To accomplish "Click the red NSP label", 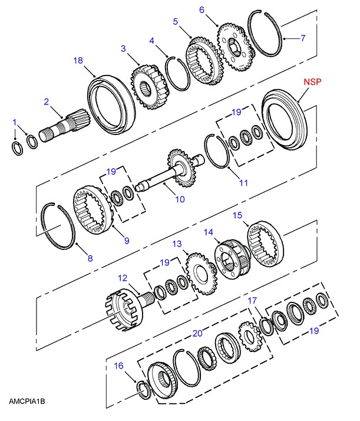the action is pyautogui.click(x=312, y=81).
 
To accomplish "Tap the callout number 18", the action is pyautogui.click(x=78, y=60).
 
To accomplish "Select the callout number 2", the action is pyautogui.click(x=47, y=102).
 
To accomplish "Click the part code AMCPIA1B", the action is pyautogui.click(x=27, y=402).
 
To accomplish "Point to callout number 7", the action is pyautogui.click(x=303, y=38).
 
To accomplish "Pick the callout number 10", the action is pyautogui.click(x=180, y=199).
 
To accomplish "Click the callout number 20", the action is pyautogui.click(x=197, y=333).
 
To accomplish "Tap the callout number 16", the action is pyautogui.click(x=118, y=366).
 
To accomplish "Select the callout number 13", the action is pyautogui.click(x=177, y=244).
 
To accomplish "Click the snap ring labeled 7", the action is pyautogui.click(x=265, y=34).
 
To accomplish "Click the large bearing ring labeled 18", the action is pyautogui.click(x=112, y=105).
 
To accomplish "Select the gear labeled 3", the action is pyautogui.click(x=149, y=87).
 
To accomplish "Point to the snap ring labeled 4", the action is pyautogui.click(x=177, y=74).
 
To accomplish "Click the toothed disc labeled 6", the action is pyautogui.click(x=235, y=47).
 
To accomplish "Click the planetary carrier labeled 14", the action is pyautogui.click(x=233, y=259).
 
